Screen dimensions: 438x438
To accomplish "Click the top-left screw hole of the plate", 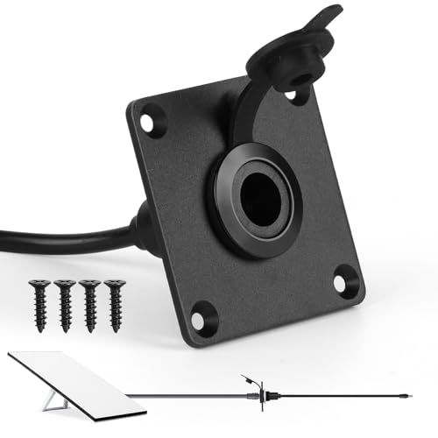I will (x=154, y=120).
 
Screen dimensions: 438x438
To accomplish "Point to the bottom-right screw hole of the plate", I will (x=343, y=283).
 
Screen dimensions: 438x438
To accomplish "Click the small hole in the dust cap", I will (x=301, y=85).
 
